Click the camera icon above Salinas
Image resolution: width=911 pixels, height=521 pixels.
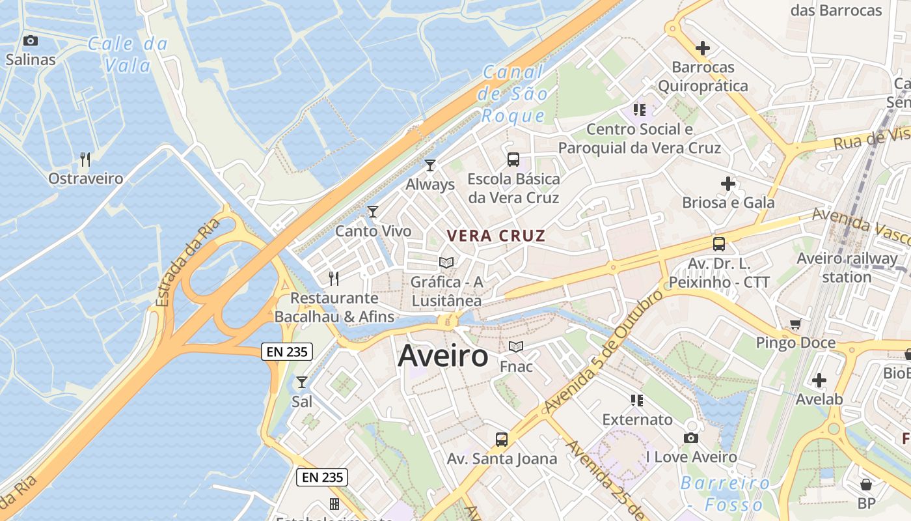[30, 41]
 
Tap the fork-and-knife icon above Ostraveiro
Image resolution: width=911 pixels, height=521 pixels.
[85, 159]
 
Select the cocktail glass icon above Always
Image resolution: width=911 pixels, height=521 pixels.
[429, 165]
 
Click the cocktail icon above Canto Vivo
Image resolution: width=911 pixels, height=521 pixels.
[373, 212]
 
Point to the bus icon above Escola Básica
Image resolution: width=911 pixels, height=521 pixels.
[513, 160]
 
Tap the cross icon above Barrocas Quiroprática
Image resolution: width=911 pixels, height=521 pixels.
[702, 48]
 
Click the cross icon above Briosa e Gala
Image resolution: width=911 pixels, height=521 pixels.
[728, 184]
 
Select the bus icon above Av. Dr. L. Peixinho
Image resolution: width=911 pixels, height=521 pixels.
[719, 244]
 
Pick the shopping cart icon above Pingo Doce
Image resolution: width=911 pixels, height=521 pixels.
[795, 324]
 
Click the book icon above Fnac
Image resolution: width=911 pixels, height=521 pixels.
[516, 347]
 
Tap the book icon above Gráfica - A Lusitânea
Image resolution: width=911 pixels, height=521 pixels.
[446, 263]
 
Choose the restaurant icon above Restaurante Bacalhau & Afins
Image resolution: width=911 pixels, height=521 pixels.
[334, 279]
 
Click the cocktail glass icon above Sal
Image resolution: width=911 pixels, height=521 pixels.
[302, 382]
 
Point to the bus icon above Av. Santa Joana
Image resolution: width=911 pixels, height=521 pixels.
[501, 440]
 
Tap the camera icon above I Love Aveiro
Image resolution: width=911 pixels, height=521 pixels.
[691, 438]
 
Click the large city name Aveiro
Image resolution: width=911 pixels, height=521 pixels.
[442, 356]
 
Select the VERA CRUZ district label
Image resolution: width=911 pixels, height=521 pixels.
[496, 236]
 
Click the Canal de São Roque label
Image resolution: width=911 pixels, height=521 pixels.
[513, 94]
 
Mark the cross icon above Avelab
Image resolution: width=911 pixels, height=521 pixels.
[819, 380]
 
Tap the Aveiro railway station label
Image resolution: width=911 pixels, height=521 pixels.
[847, 268]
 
